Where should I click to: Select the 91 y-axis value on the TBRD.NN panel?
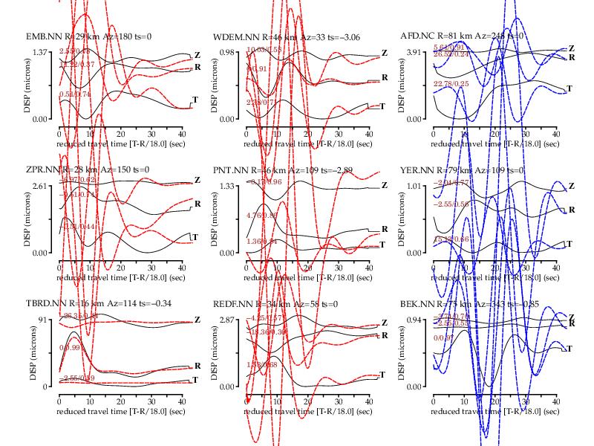[43, 320]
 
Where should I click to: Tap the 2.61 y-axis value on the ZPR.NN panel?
[39, 186]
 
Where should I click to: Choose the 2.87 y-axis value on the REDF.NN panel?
[226, 320]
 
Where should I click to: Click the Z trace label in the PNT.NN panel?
[384, 185]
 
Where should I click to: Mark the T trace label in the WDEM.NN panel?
[382, 106]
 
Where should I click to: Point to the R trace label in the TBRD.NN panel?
[197, 365]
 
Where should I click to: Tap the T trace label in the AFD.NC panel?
[569, 88]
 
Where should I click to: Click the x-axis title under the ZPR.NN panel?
[121, 277]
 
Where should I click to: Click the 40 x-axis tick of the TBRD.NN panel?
[181, 401]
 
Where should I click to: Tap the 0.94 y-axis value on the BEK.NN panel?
[414, 320]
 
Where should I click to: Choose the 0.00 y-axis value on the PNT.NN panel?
[226, 253]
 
